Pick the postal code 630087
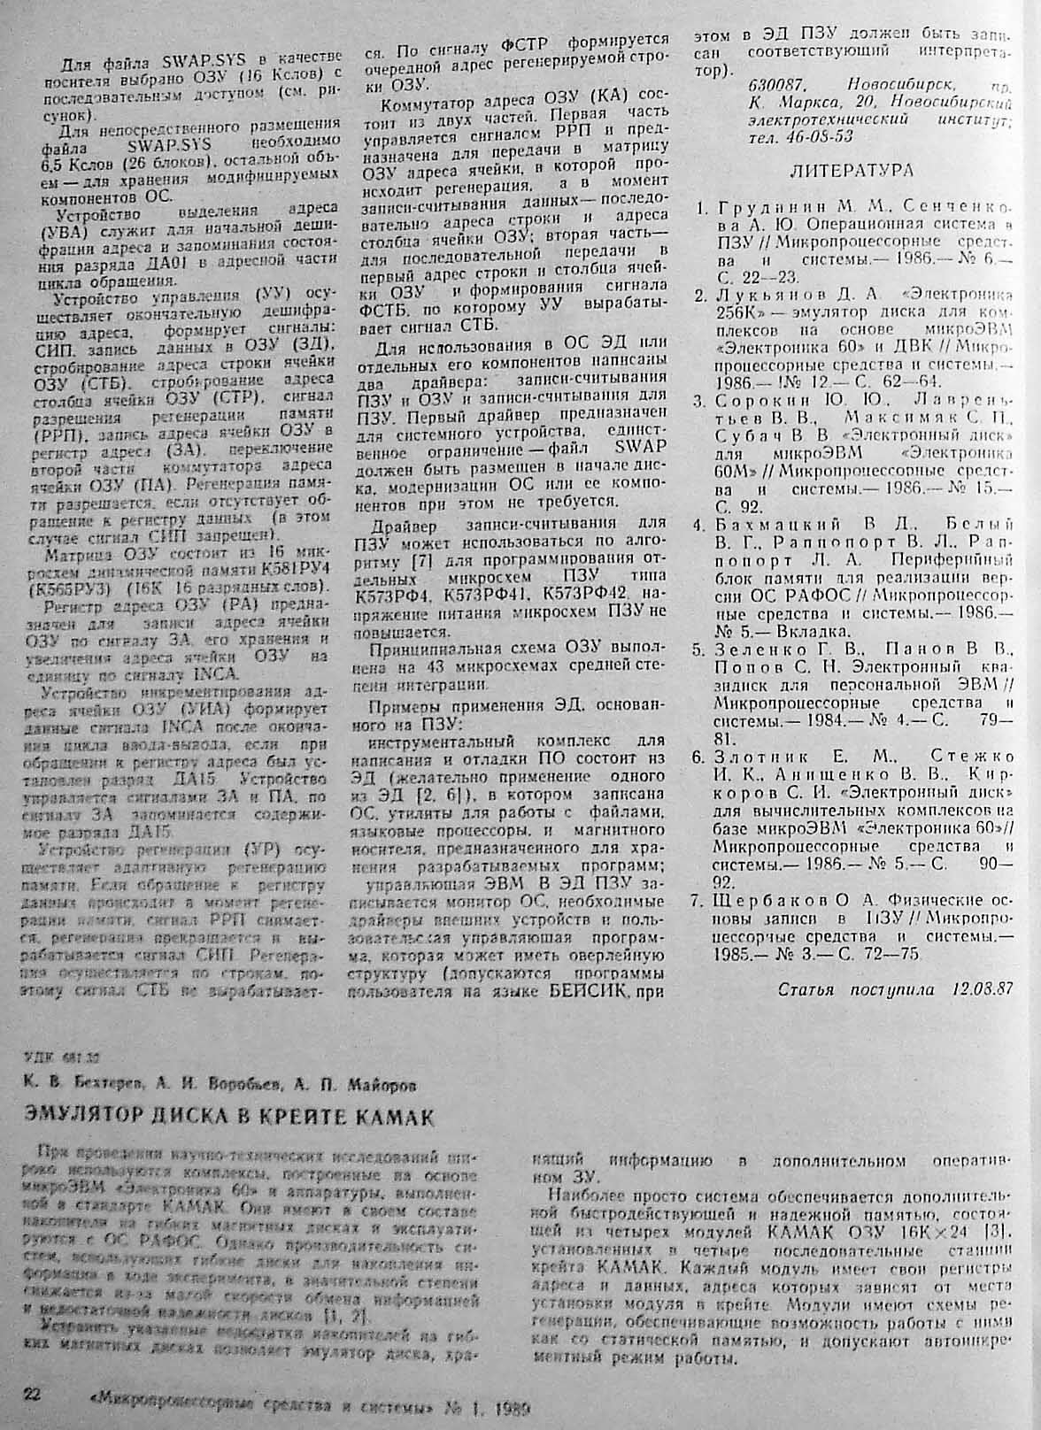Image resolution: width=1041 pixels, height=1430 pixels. click(775, 86)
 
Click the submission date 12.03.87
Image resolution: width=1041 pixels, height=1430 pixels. click(983, 989)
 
